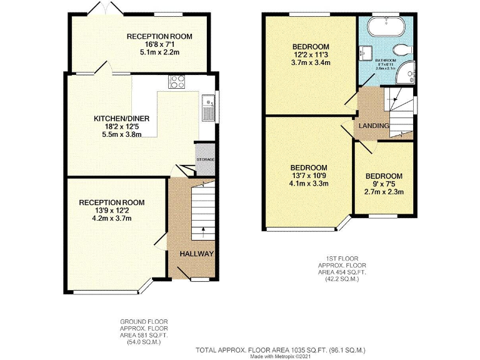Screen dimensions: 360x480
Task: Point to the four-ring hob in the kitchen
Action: (x=176, y=81)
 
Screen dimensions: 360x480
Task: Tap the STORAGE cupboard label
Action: (x=206, y=160)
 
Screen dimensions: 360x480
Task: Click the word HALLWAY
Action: (x=197, y=254)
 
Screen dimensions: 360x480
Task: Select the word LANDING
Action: (x=374, y=126)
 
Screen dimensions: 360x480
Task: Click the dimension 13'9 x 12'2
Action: (x=111, y=211)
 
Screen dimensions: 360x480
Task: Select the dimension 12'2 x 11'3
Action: (x=311, y=55)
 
